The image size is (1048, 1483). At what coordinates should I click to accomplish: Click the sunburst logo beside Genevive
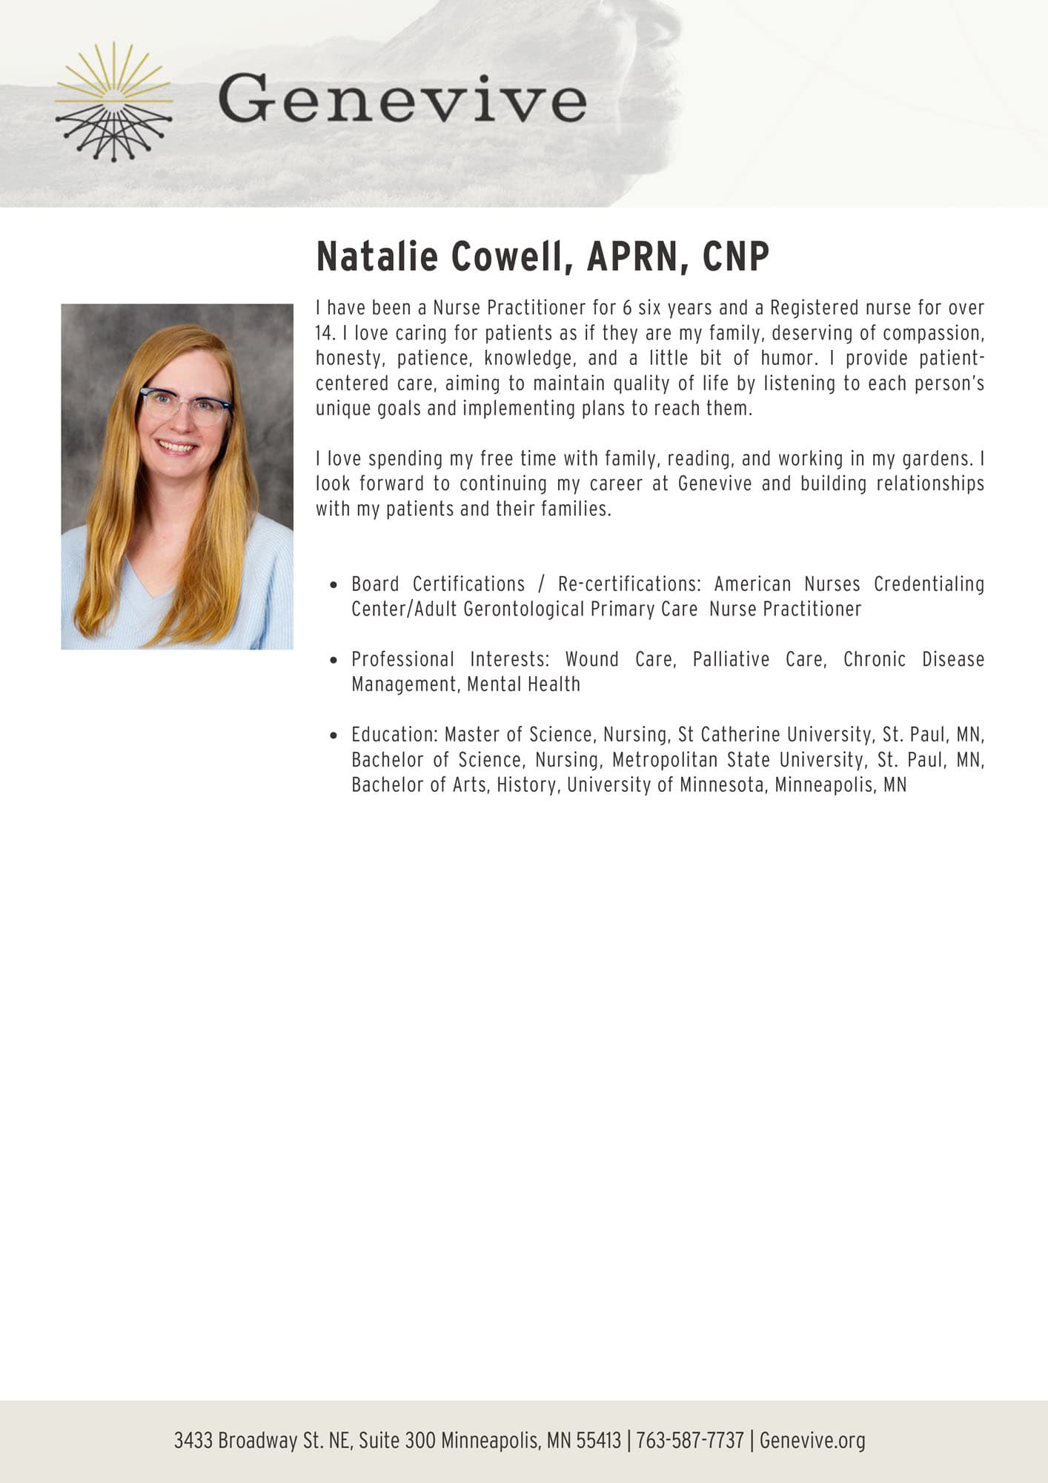pos(113,102)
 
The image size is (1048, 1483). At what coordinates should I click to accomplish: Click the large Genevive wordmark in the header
pos(402,101)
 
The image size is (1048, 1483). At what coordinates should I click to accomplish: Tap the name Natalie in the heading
pos(377,257)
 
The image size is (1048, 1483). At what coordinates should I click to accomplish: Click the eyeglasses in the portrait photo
pos(185,406)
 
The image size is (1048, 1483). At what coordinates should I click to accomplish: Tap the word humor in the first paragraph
pos(789,358)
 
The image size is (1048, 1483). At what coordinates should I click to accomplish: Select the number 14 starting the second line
pos(325,333)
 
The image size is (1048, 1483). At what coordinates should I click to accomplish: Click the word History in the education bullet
pos(526,785)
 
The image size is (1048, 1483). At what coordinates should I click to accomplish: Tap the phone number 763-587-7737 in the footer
pos(689,1441)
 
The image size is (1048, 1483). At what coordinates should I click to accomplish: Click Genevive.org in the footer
pos(812,1441)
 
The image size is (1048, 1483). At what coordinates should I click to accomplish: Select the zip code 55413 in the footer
pos(598,1441)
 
